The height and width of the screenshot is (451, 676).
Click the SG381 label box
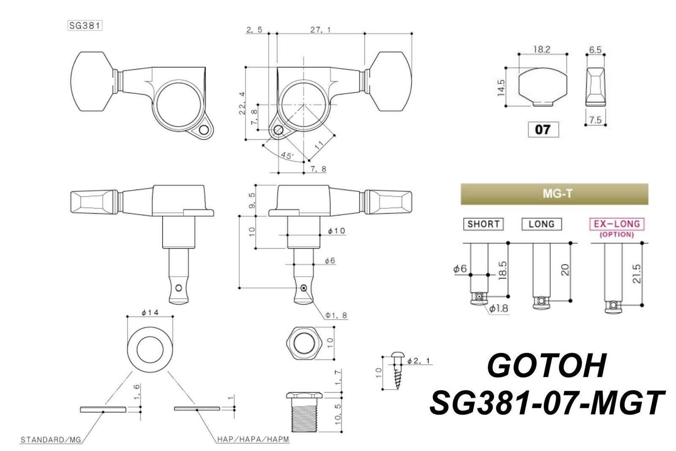coord(84,25)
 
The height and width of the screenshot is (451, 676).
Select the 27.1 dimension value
coord(320,30)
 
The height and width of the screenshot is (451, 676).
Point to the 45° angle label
coord(287,156)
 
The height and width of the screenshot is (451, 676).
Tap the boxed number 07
coord(543,129)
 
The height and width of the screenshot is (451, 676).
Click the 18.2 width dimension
coord(541,49)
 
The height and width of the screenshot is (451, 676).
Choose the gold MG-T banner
coord(554,194)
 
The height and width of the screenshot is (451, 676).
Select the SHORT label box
coord(483,224)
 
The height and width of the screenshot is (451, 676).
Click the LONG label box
coord(541,224)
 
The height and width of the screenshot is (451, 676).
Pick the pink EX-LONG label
coord(617,224)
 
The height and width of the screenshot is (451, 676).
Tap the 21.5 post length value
coord(637,274)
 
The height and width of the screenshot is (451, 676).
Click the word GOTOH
coord(547,366)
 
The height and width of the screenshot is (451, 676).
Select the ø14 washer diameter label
coord(150,313)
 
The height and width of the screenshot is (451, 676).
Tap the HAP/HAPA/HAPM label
coord(253,440)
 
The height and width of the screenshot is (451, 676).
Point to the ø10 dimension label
coord(336,231)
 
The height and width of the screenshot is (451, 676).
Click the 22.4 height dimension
coord(242,104)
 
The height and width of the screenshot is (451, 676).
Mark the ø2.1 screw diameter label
coord(418,361)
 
